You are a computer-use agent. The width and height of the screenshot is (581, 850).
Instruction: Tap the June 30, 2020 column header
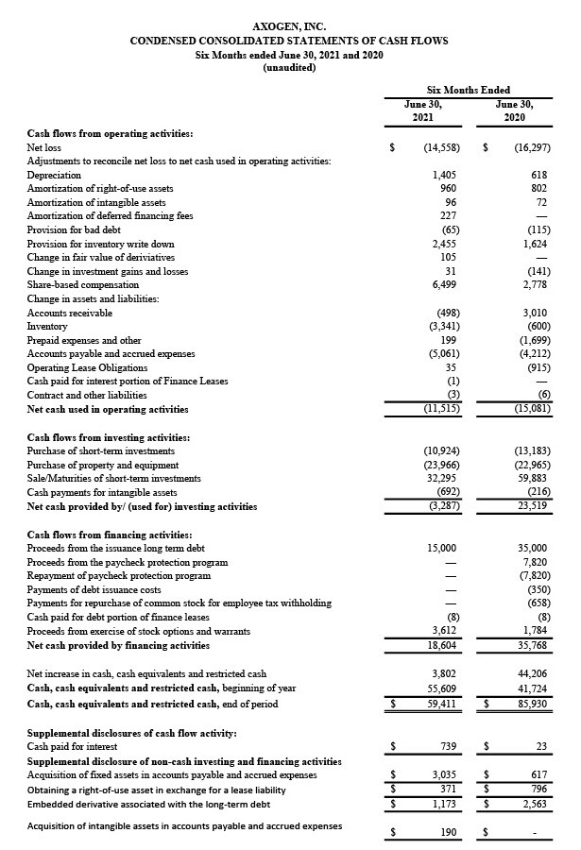tap(514, 111)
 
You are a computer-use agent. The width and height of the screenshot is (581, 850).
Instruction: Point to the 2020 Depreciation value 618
tap(539, 176)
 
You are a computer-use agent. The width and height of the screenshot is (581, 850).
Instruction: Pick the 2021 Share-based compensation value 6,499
tap(443, 284)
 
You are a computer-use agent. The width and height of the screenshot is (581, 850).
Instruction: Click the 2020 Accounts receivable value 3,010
tap(535, 313)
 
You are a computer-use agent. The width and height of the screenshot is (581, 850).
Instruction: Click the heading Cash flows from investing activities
tap(109, 437)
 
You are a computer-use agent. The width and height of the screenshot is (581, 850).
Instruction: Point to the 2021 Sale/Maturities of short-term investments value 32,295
tap(441, 479)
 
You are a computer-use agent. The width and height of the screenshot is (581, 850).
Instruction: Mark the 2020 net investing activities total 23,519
tap(535, 506)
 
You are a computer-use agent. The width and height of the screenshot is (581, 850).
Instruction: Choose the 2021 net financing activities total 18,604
tap(441, 645)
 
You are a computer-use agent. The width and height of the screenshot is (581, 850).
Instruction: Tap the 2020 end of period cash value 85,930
tap(535, 704)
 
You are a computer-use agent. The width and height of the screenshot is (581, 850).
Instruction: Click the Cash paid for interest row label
tap(66, 747)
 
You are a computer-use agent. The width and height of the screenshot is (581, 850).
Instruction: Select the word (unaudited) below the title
tap(289, 68)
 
